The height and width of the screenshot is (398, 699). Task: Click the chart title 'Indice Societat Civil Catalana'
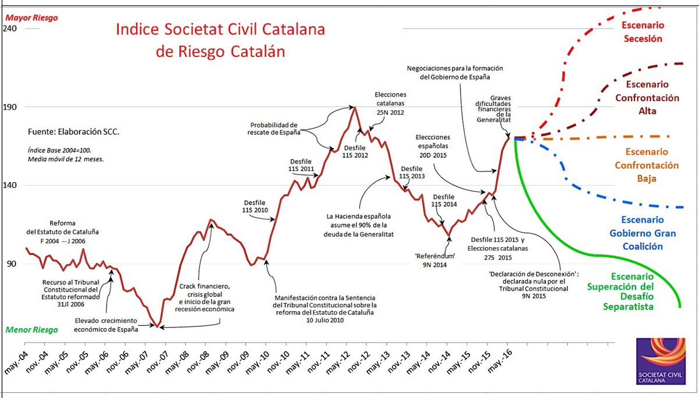click(220, 30)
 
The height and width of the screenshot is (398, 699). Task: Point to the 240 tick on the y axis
click(10, 29)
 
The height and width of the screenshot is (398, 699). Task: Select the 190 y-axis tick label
click(10, 107)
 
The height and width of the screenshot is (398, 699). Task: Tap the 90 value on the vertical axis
click(10, 264)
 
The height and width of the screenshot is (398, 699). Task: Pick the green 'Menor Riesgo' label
click(31, 330)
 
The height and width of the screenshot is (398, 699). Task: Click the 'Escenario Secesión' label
click(642, 32)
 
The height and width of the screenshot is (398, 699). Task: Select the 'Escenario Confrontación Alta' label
click(647, 97)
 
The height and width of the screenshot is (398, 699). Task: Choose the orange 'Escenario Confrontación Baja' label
click(647, 165)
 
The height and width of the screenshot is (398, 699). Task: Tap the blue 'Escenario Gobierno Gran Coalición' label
click(642, 233)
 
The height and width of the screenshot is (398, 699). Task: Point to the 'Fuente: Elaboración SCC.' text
click(73, 132)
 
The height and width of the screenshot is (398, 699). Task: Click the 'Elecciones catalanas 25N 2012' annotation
click(390, 104)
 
